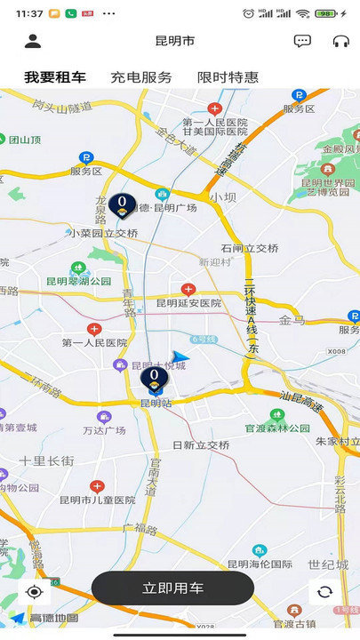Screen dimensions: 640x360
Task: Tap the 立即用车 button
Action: click(172, 588)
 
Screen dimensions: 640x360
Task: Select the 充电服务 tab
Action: click(141, 77)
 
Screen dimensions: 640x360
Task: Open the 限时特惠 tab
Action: click(228, 77)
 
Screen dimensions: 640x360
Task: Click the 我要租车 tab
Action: click(55, 77)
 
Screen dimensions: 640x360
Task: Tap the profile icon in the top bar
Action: click(33, 41)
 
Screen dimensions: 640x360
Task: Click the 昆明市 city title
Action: click(175, 41)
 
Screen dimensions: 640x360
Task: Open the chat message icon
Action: click(302, 41)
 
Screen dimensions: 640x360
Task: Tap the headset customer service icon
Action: click(340, 41)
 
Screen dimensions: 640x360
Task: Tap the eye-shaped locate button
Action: click(34, 592)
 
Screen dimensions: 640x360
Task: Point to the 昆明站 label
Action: click(156, 403)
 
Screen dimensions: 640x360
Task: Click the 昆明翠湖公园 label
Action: click(79, 282)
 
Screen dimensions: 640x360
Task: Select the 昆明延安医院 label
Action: click(188, 303)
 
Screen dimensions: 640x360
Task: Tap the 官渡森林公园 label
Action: click(277, 428)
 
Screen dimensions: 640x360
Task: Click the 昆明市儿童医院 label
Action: click(99, 500)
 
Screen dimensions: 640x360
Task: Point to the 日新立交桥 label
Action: click(201, 444)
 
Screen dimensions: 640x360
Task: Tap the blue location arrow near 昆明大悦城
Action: click(181, 357)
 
